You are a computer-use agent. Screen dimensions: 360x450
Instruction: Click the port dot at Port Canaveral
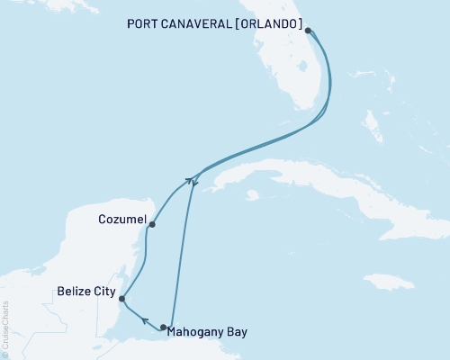[308, 30]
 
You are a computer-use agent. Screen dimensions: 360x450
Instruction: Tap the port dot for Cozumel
[152, 224]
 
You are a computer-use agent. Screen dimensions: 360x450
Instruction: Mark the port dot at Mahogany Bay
[163, 328]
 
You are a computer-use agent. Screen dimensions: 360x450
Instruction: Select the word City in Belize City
[101, 292]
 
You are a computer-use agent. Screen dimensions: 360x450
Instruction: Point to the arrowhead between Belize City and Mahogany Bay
[144, 319]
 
